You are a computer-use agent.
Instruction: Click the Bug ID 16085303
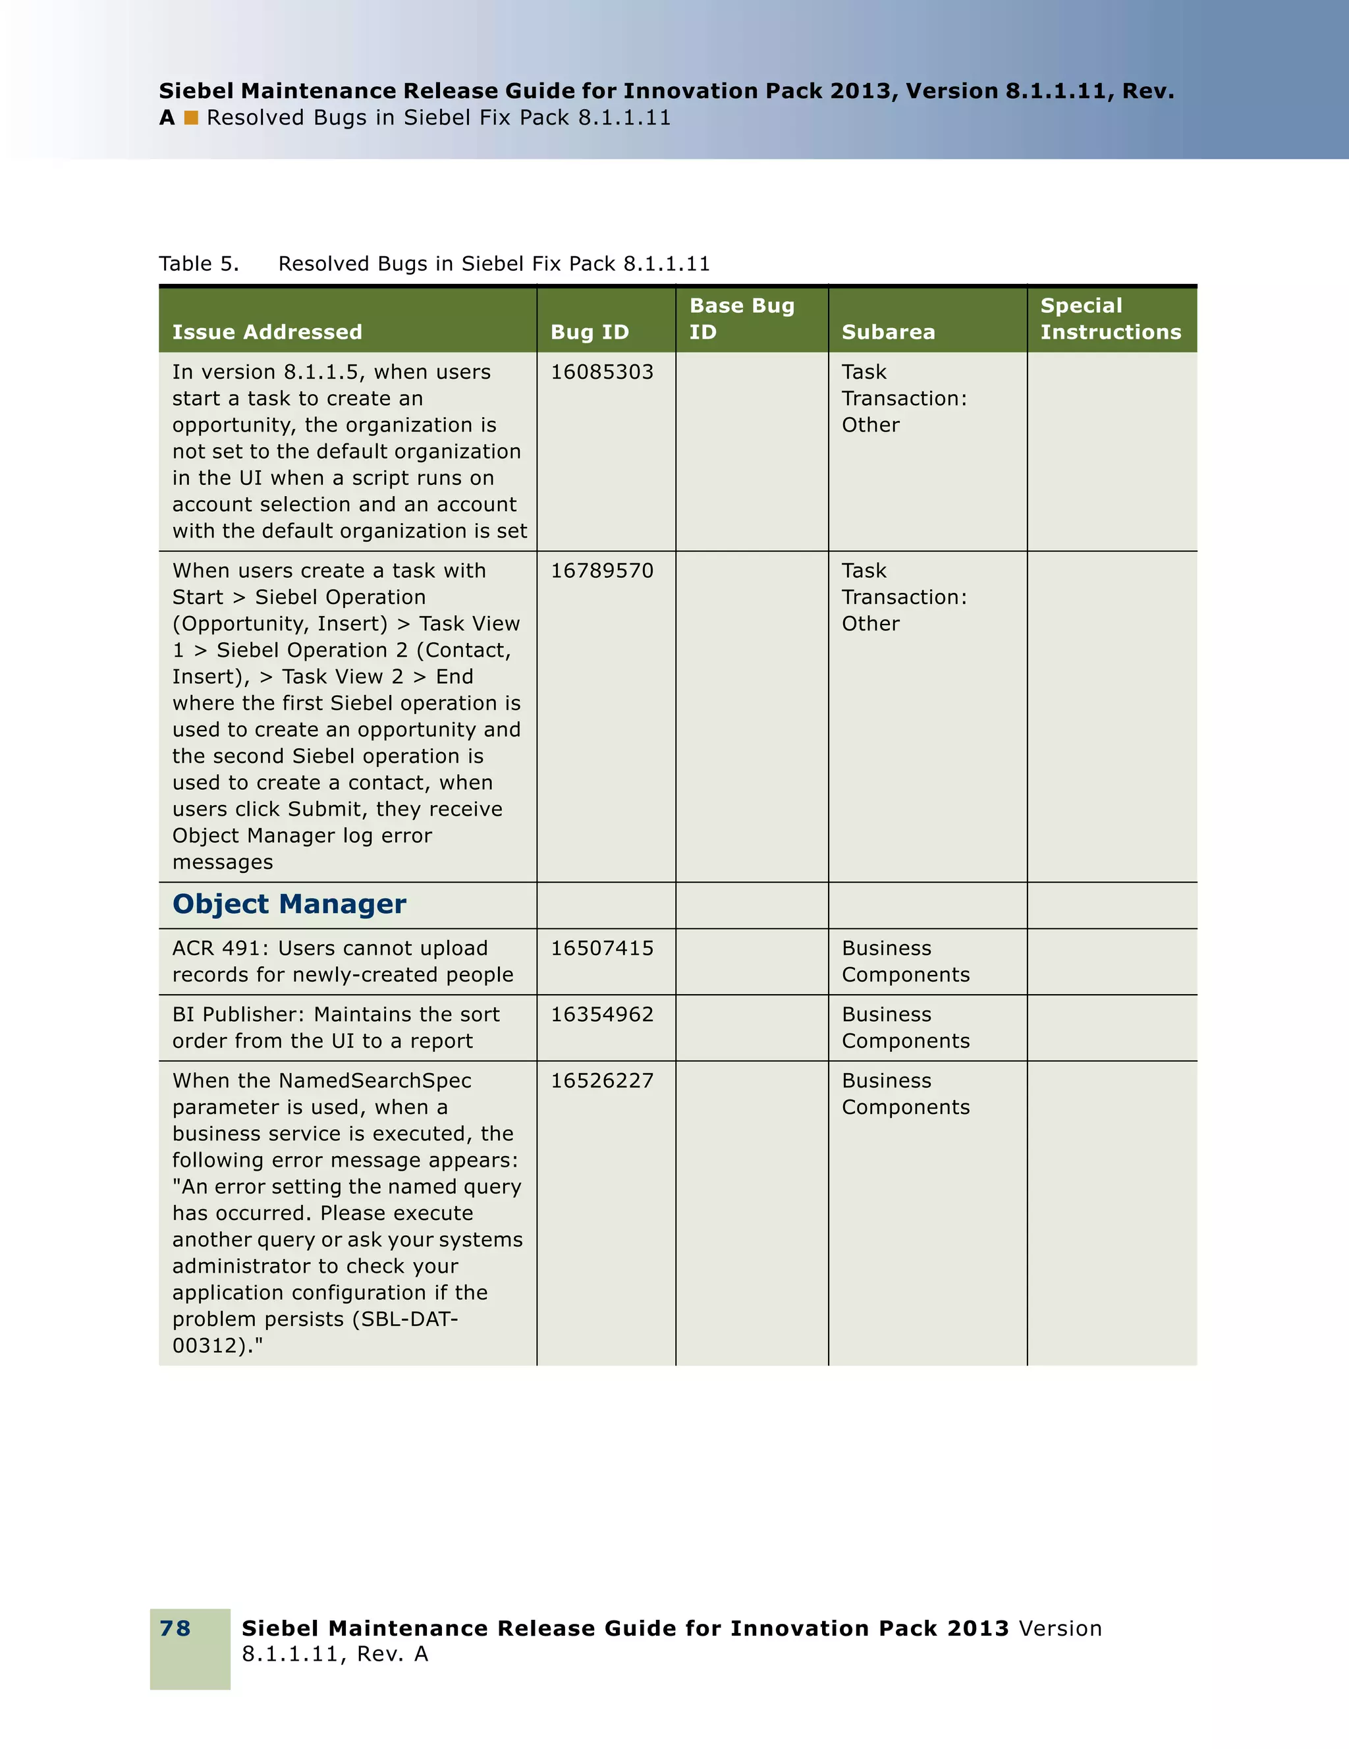(601, 372)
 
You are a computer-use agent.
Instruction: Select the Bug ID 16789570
(601, 571)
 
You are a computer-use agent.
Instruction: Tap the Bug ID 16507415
(601, 948)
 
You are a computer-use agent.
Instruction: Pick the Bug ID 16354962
(601, 1014)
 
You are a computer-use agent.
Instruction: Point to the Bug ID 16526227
(601, 1081)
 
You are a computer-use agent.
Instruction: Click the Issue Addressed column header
(267, 332)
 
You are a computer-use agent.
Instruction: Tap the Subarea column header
(888, 332)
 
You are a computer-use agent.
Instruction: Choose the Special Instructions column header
(1110, 319)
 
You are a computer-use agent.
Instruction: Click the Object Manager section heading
(289, 904)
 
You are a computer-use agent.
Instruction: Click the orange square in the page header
(190, 118)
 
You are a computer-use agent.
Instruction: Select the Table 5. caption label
(198, 264)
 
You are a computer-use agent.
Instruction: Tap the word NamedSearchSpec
(375, 1081)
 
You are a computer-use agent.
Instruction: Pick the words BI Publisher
(237, 1014)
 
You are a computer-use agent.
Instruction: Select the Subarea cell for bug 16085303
(903, 399)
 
